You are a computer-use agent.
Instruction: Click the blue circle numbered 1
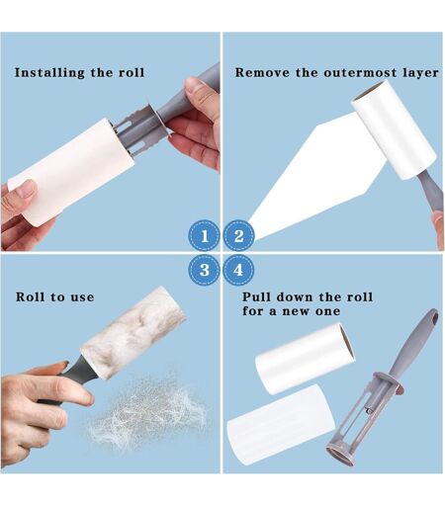click(x=204, y=236)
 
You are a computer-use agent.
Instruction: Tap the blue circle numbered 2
click(x=238, y=236)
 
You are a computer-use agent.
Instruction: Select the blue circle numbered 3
click(x=204, y=270)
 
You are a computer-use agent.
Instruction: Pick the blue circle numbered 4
click(x=238, y=270)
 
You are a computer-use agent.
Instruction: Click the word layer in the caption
click(x=421, y=73)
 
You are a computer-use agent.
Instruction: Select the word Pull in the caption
click(x=256, y=296)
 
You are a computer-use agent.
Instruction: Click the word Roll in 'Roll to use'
click(x=30, y=296)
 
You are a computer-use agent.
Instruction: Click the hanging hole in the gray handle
click(x=434, y=318)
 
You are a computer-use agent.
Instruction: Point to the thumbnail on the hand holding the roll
click(x=27, y=189)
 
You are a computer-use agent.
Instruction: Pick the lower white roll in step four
click(x=281, y=425)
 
